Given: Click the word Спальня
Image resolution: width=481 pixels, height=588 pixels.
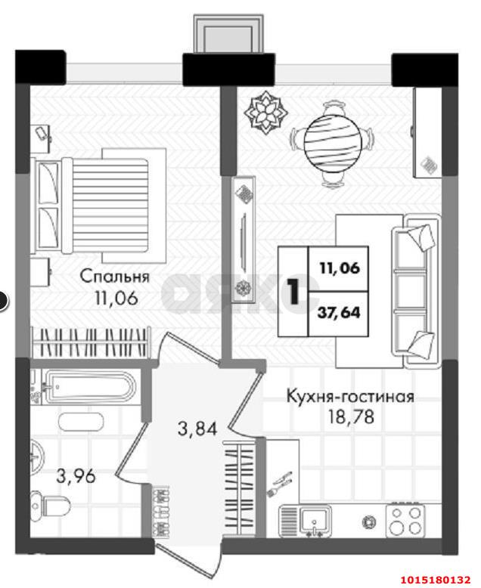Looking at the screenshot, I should (114, 277).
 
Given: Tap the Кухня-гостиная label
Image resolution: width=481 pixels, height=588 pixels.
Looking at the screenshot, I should (349, 396).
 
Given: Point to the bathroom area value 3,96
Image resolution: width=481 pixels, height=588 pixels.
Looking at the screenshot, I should (77, 477).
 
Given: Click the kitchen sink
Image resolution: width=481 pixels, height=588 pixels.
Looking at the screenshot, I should (312, 519).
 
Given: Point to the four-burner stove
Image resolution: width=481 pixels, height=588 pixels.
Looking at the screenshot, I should (407, 518).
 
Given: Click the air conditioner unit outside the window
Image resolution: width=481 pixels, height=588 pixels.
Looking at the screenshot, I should (229, 33).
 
